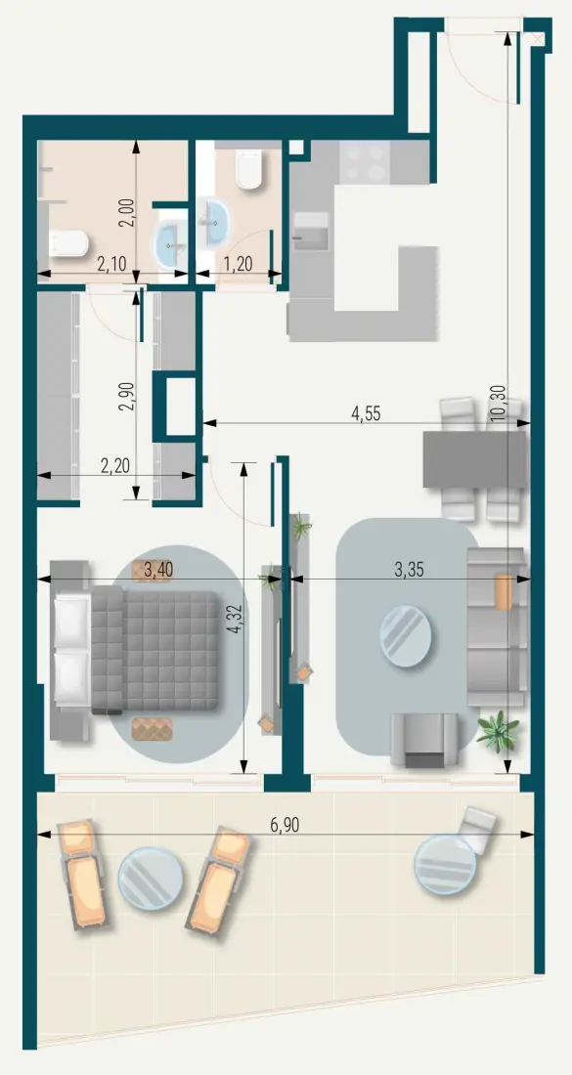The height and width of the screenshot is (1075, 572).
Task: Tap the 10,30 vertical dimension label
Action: [x=499, y=402]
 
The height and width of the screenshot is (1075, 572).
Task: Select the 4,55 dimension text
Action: [x=366, y=412]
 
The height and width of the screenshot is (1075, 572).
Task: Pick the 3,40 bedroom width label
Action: [x=160, y=568]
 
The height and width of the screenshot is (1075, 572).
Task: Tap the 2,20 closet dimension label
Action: [x=116, y=466]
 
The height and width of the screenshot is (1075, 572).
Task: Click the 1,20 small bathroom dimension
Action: [x=240, y=263]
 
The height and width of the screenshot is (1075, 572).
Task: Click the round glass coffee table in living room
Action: [x=404, y=634]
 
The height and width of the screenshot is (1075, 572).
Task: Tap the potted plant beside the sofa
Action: [x=498, y=730]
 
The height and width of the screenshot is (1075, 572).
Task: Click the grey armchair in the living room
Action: [x=423, y=740]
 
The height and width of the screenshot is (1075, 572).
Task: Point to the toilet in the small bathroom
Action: [x=249, y=171]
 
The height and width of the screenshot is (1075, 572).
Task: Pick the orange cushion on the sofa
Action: [x=503, y=591]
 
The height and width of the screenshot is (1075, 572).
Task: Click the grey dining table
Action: [x=475, y=459]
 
